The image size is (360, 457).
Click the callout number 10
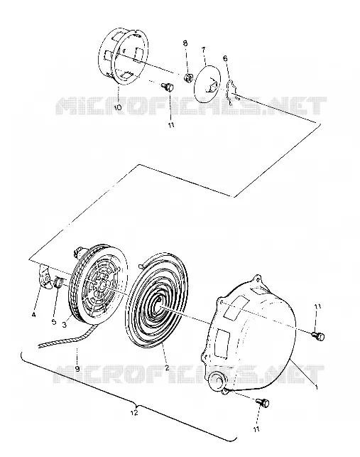pos(117,107)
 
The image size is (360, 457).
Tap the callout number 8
pos(185,43)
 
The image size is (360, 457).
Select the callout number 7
pos(203,50)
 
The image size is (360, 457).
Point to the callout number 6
pos(225,58)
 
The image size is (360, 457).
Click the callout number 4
pos(34,315)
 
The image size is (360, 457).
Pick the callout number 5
pos(54,322)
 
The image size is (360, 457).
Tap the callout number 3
pos(65,324)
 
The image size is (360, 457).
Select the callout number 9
pos(77,369)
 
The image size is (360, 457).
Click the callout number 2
pos(167,368)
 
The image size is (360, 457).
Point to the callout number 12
pos(134,413)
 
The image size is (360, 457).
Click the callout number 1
pos(316,387)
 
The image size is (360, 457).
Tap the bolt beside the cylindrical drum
pos(168,87)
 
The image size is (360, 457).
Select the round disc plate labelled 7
pos(207,83)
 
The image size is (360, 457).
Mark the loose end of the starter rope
pos(39,346)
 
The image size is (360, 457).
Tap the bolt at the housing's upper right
pos(318,335)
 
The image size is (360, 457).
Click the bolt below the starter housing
pos(263,403)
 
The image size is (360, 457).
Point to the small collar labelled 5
pos(58,282)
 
